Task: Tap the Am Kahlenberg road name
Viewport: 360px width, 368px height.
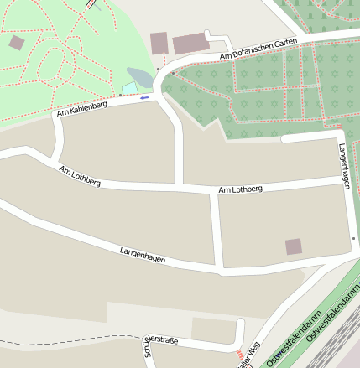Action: click(x=83, y=106)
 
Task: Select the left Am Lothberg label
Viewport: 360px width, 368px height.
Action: click(x=80, y=177)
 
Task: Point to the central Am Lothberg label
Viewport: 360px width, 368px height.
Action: click(x=240, y=189)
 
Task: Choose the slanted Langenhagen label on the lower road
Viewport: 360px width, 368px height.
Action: click(x=142, y=256)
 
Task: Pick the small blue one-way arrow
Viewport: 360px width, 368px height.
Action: click(x=144, y=98)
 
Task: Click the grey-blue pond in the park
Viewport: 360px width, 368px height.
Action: click(x=139, y=77)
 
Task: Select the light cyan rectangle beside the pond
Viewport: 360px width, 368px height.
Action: click(x=129, y=88)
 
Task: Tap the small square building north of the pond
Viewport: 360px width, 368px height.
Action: click(x=159, y=43)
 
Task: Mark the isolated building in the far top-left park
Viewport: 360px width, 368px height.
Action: click(x=17, y=42)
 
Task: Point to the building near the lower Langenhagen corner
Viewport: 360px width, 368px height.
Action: click(x=293, y=246)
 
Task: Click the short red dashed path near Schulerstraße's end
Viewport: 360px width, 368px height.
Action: click(x=240, y=356)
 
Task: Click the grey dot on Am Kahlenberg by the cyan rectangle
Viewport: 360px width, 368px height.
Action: click(x=120, y=95)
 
